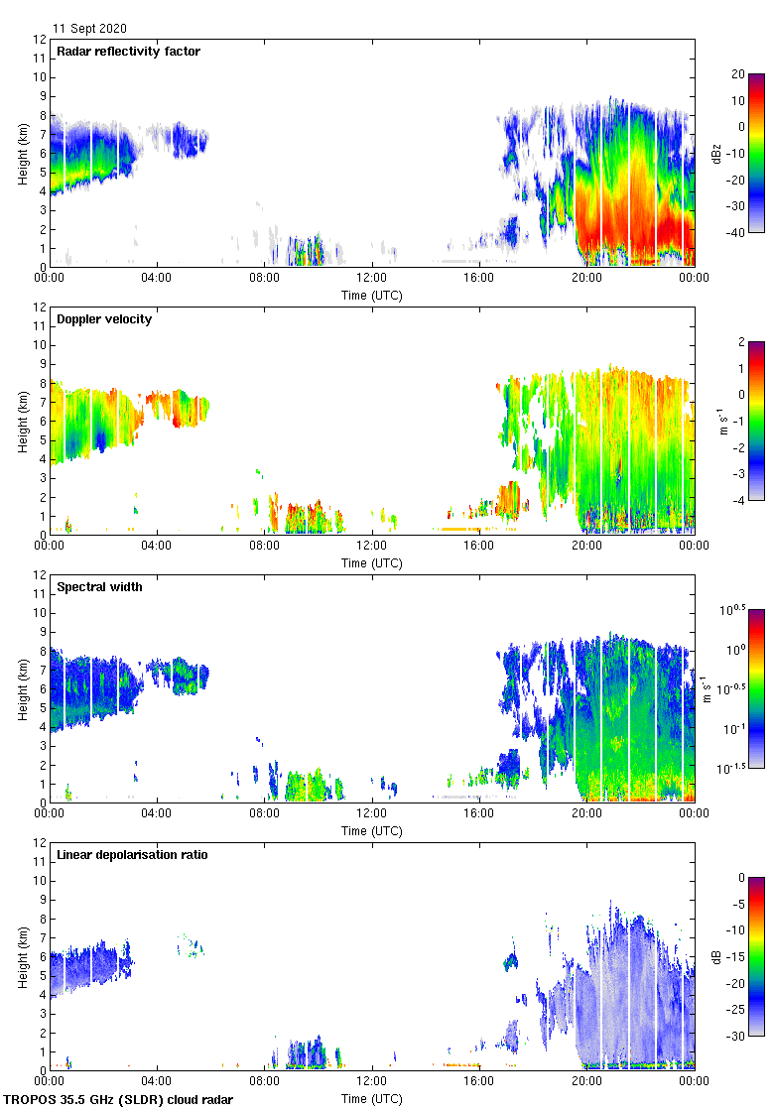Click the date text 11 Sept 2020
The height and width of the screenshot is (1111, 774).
[89, 29]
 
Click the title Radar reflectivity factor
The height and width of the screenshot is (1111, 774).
[128, 52]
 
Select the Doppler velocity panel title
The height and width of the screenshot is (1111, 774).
[104, 319]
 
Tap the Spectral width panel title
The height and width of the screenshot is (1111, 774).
[98, 587]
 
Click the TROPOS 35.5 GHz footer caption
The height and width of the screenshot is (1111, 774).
[120, 1100]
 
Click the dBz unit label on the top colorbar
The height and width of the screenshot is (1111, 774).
[715, 153]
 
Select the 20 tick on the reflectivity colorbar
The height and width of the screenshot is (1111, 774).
[737, 74]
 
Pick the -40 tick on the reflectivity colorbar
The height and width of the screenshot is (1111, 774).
[737, 233]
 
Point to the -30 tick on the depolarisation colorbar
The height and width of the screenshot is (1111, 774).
[737, 1037]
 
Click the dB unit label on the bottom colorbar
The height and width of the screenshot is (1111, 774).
[715, 956]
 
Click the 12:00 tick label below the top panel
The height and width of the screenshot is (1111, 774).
[371, 279]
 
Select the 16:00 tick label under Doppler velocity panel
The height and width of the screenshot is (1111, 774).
[478, 547]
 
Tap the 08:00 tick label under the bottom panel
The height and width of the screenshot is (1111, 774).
[264, 1082]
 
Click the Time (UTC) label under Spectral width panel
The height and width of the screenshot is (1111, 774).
[372, 830]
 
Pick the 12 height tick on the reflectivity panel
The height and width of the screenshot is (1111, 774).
[39, 40]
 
